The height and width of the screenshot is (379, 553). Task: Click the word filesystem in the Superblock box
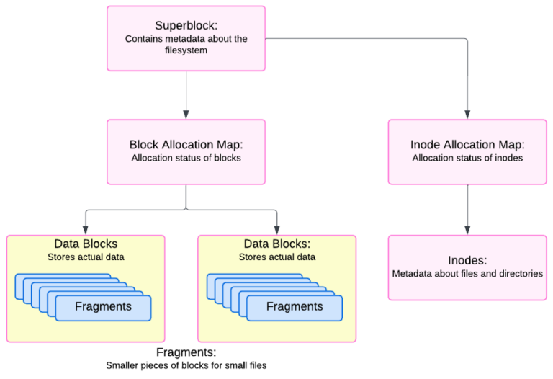pos(186,50)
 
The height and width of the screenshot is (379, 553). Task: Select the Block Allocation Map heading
pos(186,144)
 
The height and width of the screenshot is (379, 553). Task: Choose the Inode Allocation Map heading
pos(467,144)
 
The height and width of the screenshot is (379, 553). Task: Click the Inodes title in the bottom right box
pos(467,260)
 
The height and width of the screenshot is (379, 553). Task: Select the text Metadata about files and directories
pos(467,274)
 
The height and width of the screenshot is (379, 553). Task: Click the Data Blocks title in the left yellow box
pos(86,244)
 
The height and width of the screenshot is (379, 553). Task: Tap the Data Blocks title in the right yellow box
pos(277,244)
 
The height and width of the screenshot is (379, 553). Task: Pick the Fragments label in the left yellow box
pos(103,306)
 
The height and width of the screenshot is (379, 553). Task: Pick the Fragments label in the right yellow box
pos(295,306)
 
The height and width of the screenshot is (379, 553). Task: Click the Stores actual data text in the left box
pos(86,257)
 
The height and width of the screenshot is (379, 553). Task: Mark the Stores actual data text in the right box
pos(277,257)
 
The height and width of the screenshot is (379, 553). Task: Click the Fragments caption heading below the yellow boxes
pos(186,352)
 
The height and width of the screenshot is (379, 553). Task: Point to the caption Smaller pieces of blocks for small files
pos(186,365)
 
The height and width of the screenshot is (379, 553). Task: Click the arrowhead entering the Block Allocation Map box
pos(186,114)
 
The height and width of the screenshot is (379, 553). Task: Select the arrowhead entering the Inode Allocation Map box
pos(467,114)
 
